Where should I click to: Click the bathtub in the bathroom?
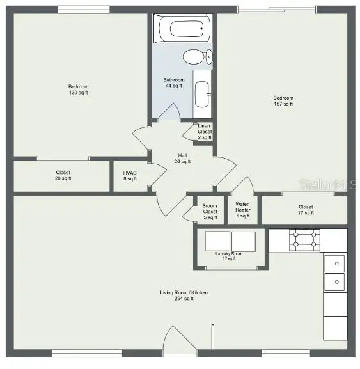pyautogui.click(x=184, y=29)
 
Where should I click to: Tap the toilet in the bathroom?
pyautogui.click(x=197, y=58)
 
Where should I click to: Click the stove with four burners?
pyautogui.click(x=303, y=240)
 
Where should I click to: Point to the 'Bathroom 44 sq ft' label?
pyautogui.click(x=173, y=82)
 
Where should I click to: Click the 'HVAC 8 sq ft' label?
pyautogui.click(x=130, y=175)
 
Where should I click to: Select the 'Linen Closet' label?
pyautogui.click(x=204, y=132)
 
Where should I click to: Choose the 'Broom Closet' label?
pyautogui.click(x=210, y=212)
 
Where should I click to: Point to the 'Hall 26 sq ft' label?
pyautogui.click(x=182, y=158)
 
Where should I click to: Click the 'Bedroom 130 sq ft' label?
pyautogui.click(x=79, y=90)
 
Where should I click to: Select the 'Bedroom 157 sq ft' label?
pyautogui.click(x=283, y=101)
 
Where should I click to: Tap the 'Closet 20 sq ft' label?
pyautogui.click(x=63, y=175)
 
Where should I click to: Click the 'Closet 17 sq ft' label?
pyautogui.click(x=306, y=210)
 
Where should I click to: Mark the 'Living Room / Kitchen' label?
pyautogui.click(x=184, y=295)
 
